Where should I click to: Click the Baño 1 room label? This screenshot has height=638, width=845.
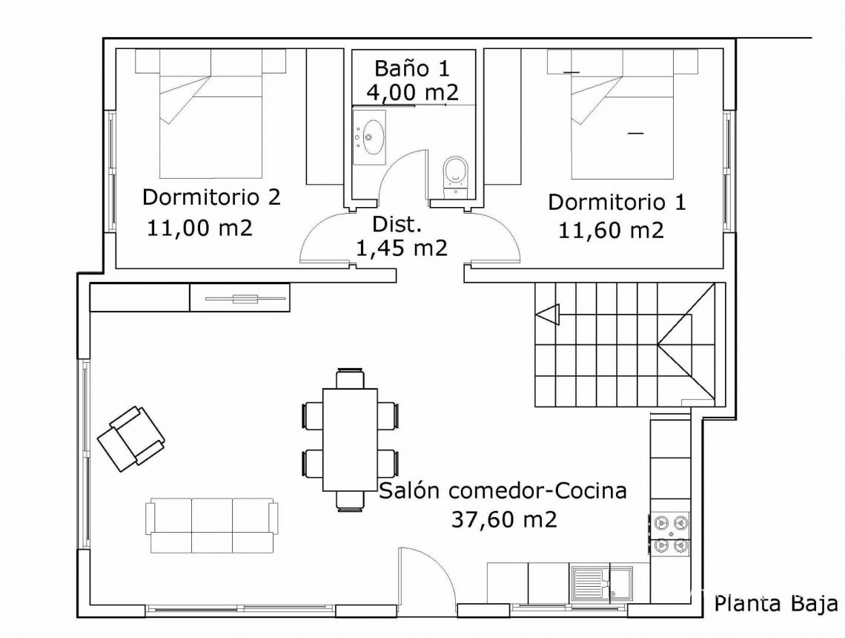coord(411,68)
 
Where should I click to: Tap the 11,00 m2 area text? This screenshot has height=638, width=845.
coord(199,228)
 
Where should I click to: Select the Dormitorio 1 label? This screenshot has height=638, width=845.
coord(617,203)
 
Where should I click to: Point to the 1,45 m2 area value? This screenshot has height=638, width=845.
coord(402,248)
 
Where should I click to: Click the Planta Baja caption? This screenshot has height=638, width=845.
coord(776,603)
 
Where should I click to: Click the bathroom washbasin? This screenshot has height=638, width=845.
coord(369,137)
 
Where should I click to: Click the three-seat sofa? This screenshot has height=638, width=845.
coord(212,526)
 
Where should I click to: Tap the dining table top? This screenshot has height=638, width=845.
coord(350,439)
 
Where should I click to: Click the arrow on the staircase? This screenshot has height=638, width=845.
coord(547,315)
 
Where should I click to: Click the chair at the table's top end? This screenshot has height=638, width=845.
coord(351,378)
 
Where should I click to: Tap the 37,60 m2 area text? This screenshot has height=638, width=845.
coord(504,519)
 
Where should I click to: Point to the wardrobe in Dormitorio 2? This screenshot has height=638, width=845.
coord(325,117)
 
